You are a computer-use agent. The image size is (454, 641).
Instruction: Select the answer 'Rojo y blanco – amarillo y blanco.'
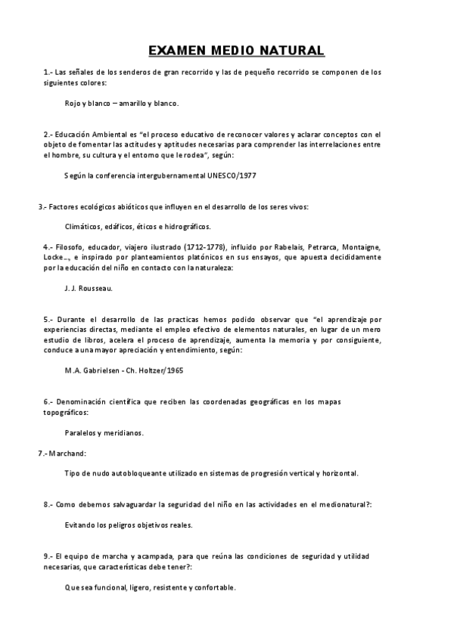(122, 103)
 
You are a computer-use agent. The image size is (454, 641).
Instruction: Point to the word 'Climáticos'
(84, 226)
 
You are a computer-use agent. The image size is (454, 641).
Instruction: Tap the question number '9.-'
(48, 556)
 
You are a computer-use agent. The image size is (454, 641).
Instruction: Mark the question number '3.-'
(43, 206)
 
